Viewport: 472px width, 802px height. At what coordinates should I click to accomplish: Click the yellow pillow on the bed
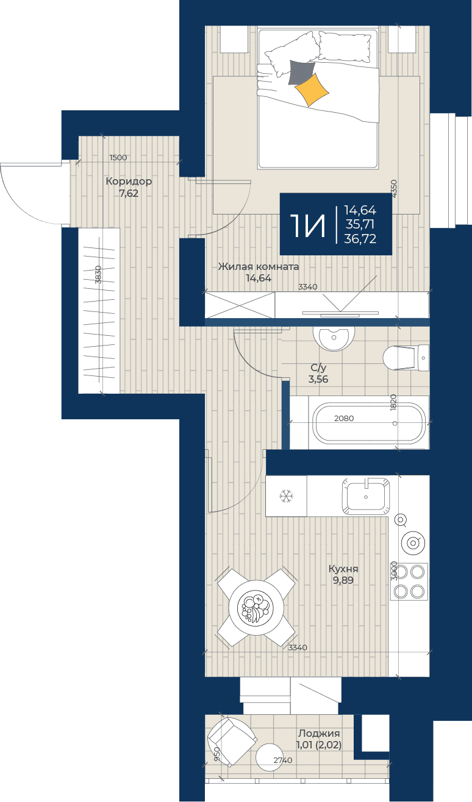click(x=312, y=90)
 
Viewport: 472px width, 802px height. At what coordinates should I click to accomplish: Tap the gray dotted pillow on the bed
click(x=301, y=73)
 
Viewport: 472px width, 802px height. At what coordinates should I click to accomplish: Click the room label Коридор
click(x=129, y=182)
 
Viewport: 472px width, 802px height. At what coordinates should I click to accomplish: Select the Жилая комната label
click(x=259, y=267)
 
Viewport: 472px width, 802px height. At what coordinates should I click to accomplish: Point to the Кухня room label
click(x=343, y=569)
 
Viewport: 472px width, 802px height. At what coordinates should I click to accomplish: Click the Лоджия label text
click(x=319, y=733)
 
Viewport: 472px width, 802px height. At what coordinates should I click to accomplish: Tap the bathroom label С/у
click(x=318, y=367)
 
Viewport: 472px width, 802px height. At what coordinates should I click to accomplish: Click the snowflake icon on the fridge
click(x=287, y=496)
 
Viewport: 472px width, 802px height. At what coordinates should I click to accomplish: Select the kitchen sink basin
click(x=366, y=496)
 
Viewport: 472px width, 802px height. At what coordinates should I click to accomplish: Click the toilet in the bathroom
click(x=406, y=358)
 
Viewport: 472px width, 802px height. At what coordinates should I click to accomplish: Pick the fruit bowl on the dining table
click(x=256, y=608)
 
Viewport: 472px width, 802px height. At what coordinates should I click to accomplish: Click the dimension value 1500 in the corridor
click(x=118, y=157)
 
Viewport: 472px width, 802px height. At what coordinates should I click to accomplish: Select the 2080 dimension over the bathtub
click(x=344, y=418)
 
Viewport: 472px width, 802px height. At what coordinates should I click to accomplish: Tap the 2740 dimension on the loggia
click(x=283, y=760)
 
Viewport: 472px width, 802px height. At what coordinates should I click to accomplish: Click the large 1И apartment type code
click(x=308, y=225)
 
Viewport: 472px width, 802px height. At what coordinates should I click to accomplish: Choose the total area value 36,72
click(x=360, y=239)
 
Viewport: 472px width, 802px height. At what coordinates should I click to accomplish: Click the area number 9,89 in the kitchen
click(x=343, y=580)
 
